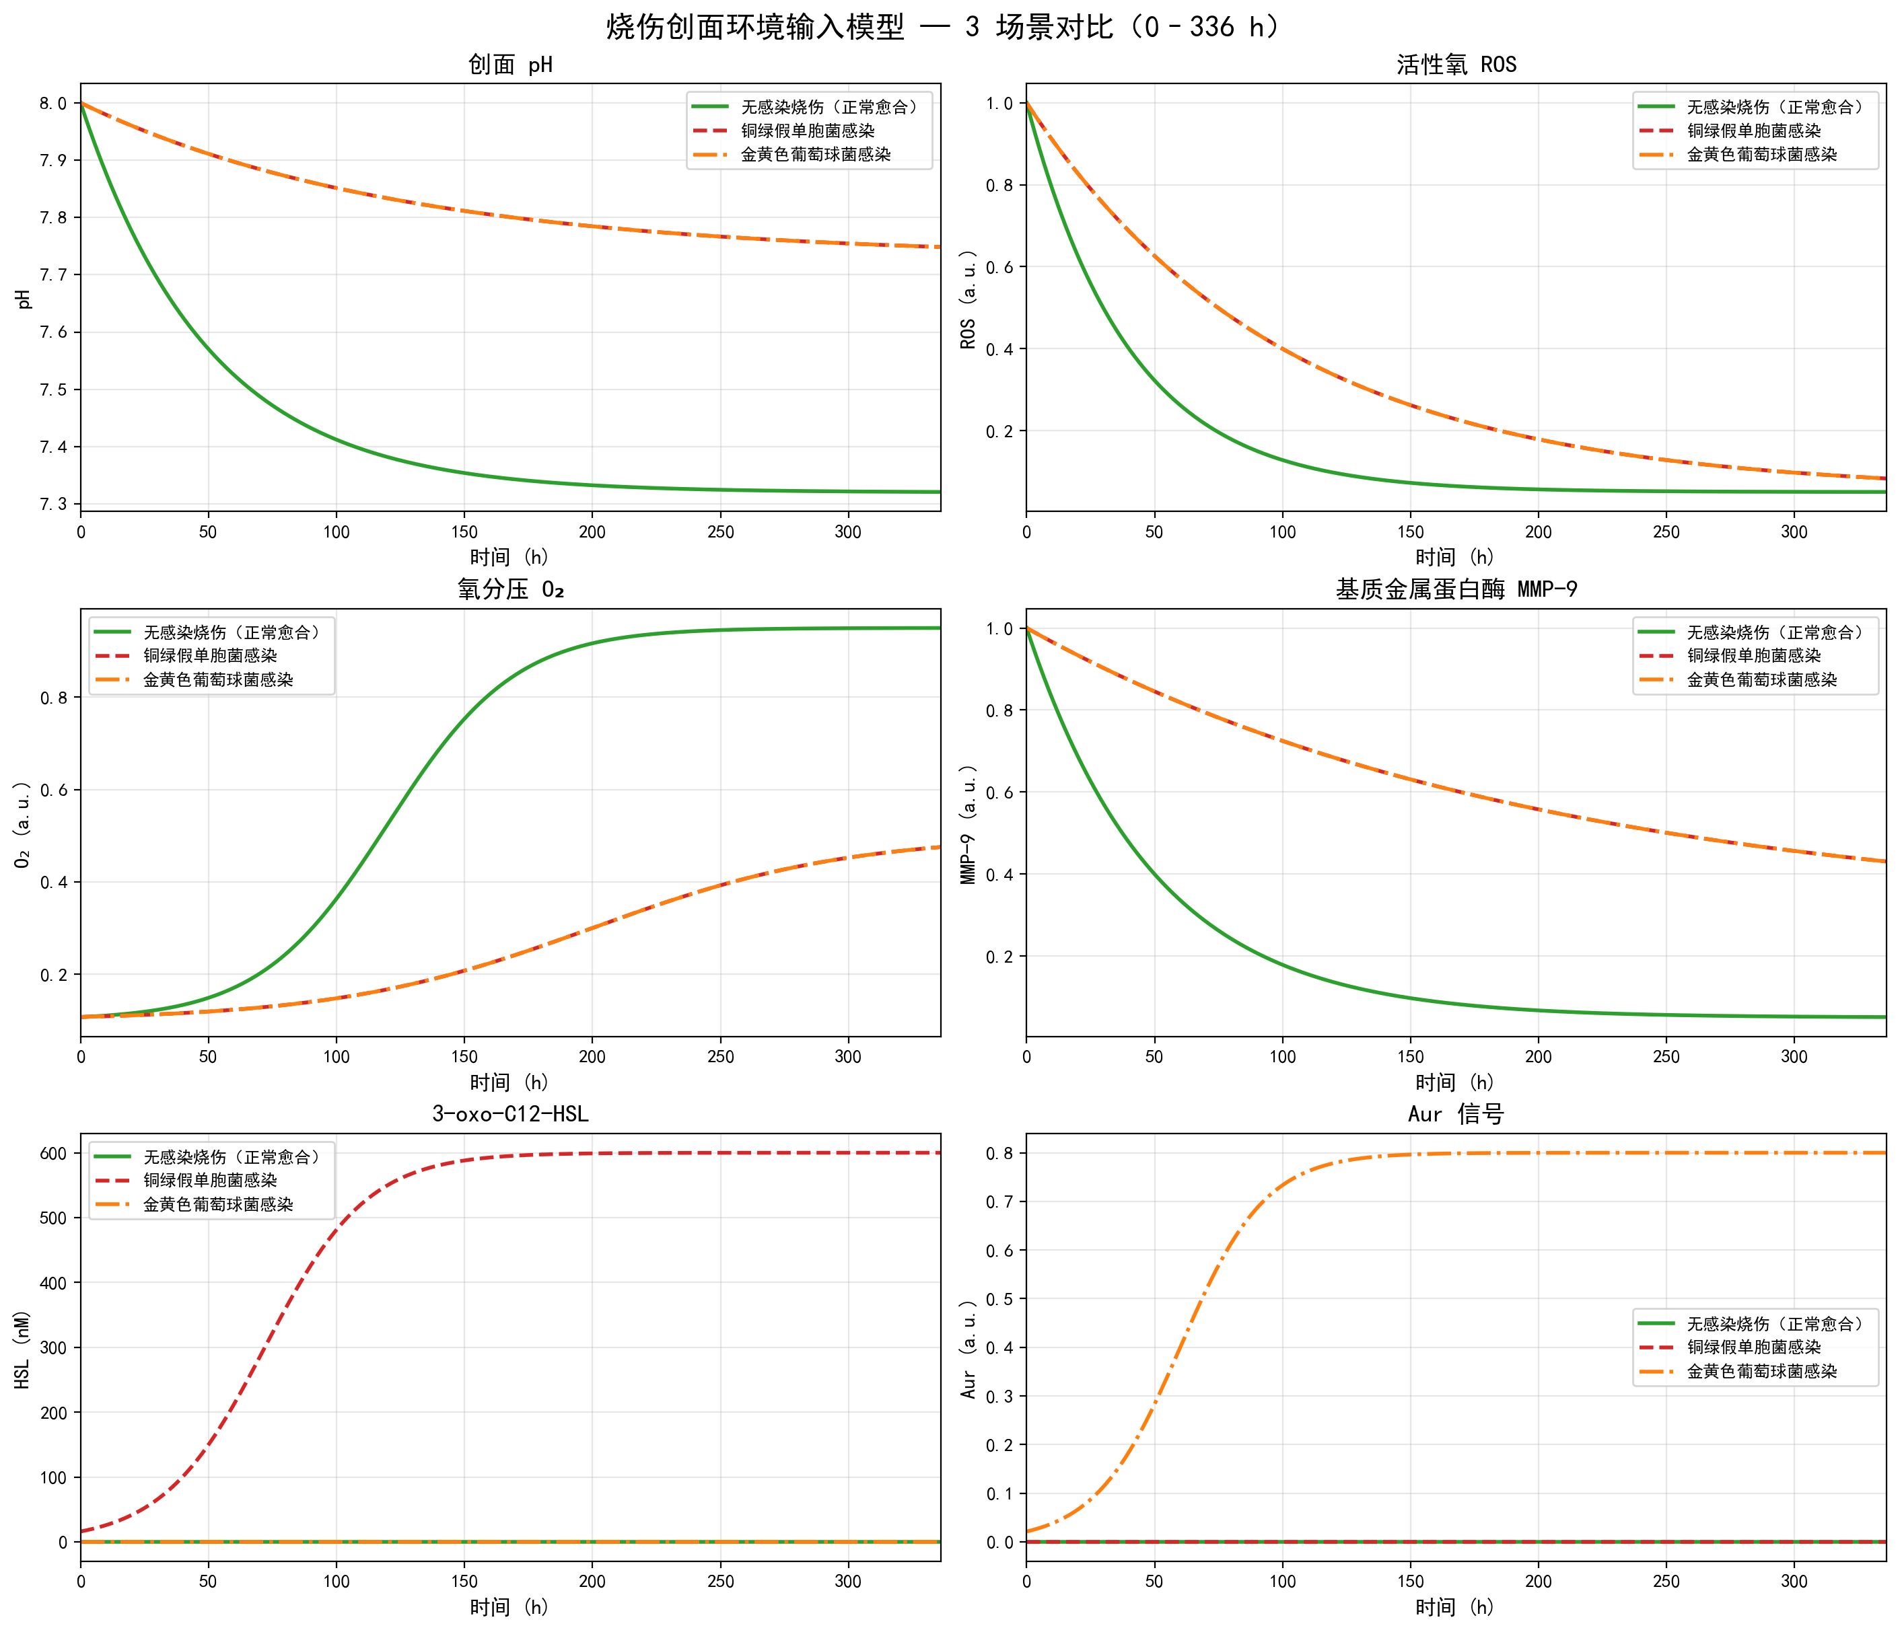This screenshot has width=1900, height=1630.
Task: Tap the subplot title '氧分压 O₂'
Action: click(510, 589)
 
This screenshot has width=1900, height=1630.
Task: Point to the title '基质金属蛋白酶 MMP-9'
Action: click(1456, 589)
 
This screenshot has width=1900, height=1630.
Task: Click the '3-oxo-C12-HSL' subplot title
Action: click(510, 1114)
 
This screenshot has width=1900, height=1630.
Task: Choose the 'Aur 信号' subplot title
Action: click(1456, 1114)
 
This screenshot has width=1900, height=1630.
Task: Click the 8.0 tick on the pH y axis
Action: click(53, 104)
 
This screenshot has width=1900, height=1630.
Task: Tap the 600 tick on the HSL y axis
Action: click(53, 1153)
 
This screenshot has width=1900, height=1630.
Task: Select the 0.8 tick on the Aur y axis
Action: click(999, 1153)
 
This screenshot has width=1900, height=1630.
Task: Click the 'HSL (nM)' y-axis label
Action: click(22, 1349)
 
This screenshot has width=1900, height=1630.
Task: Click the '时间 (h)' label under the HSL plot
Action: click(510, 1607)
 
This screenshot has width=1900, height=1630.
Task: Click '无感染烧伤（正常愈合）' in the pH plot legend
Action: click(829, 107)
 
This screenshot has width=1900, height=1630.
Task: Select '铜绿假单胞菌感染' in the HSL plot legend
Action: click(210, 1181)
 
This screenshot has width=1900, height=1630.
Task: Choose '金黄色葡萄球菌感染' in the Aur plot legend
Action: click(1761, 1372)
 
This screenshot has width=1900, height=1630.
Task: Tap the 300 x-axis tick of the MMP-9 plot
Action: click(1794, 1056)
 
